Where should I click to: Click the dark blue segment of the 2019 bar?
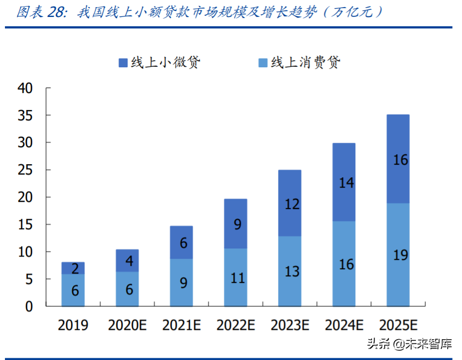(x=73, y=268)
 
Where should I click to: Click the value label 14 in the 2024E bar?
(x=346, y=183)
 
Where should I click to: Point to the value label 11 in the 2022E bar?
(x=238, y=278)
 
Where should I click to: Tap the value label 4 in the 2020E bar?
(x=129, y=261)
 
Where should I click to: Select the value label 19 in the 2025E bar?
(x=400, y=255)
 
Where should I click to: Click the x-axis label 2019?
(x=73, y=325)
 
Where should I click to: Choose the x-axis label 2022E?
(x=236, y=325)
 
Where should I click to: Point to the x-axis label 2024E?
(x=344, y=325)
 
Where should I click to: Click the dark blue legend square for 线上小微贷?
(x=123, y=63)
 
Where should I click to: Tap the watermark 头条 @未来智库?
(x=409, y=344)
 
